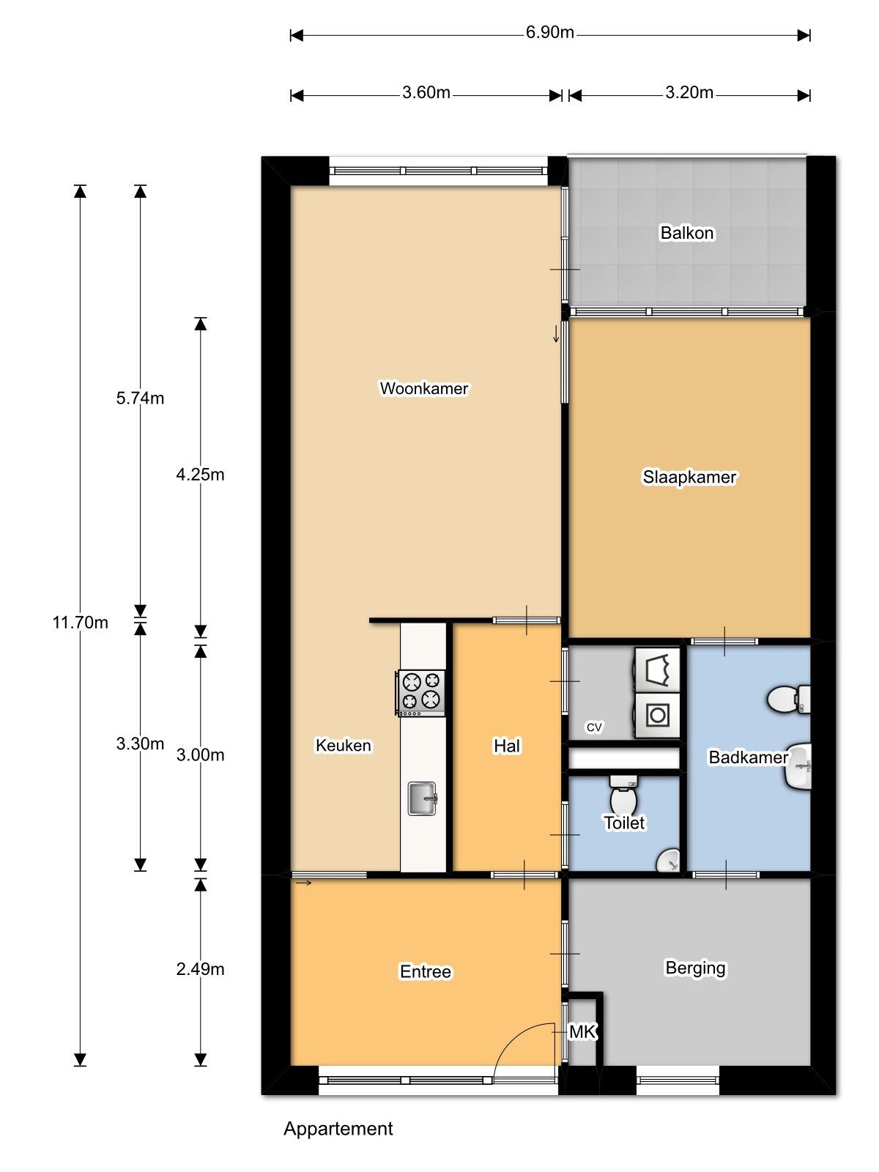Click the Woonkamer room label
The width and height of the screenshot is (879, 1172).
coord(424,388)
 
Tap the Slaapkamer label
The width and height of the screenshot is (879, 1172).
coord(689,477)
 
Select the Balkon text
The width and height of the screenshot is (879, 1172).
coord(687,233)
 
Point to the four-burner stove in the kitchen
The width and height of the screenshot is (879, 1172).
coord(420,693)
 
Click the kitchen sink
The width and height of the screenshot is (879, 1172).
coord(423,798)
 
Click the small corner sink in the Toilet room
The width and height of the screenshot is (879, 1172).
coord(669,860)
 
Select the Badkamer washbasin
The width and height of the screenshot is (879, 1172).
coord(798,767)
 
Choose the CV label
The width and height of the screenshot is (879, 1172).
coord(594,727)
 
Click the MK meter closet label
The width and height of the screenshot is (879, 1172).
coord(583,1032)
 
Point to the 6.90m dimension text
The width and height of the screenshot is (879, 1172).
coord(549,32)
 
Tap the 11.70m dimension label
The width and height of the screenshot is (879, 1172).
coord(80,623)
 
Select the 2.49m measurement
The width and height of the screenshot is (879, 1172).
coord(200,969)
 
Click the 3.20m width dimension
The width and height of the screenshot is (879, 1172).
coord(689,93)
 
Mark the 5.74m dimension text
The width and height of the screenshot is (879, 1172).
coord(140,398)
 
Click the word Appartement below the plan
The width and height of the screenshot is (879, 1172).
coord(338,1129)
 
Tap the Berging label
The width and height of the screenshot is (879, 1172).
coord(695,968)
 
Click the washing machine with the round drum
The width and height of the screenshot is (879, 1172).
coord(657,716)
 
